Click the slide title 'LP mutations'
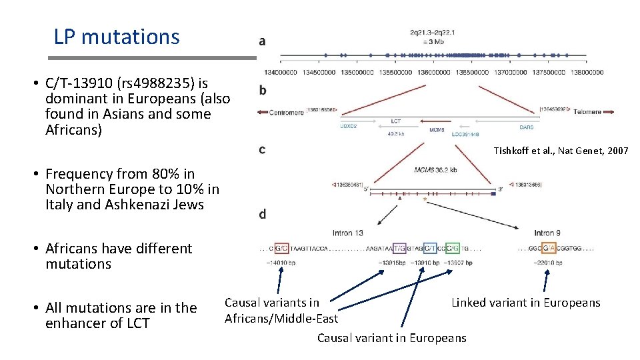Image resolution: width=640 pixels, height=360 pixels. pyautogui.click(x=117, y=36)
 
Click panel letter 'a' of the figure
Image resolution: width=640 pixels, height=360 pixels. pyautogui.click(x=262, y=41)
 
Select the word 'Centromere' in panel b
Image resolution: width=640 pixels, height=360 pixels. pyautogui.click(x=286, y=113)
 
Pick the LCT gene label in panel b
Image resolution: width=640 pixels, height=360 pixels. pyautogui.click(x=395, y=122)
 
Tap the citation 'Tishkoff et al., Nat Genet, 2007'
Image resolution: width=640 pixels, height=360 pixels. pyautogui.click(x=561, y=151)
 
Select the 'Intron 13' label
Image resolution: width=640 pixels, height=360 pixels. pyautogui.click(x=348, y=233)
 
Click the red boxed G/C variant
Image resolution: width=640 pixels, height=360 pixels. pyautogui.click(x=281, y=249)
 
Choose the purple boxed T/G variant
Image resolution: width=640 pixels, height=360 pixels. pyautogui.click(x=400, y=249)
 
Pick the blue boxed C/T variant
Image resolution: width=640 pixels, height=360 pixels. pyautogui.click(x=430, y=249)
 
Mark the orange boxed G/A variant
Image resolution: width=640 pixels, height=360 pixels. pyautogui.click(x=549, y=249)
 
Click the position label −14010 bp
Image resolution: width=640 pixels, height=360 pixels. pyautogui.click(x=281, y=263)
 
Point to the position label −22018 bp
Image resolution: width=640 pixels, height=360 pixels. pyautogui.click(x=547, y=263)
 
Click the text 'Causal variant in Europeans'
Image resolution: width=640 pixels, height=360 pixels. pyautogui.click(x=391, y=338)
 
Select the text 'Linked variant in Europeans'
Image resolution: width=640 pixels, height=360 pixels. pyautogui.click(x=525, y=303)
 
